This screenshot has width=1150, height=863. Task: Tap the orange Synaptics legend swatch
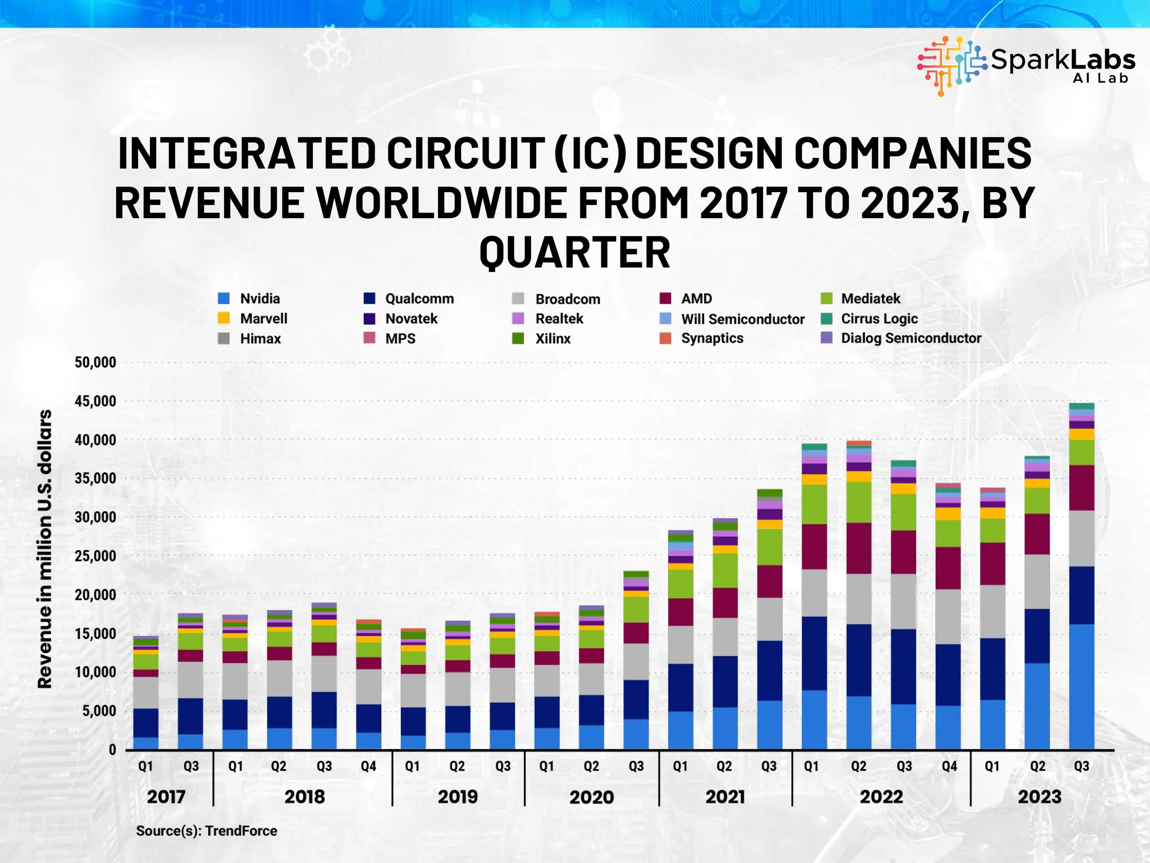pos(665,338)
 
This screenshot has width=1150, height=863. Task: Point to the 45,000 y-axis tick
pos(95,401)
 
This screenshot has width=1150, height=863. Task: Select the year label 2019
pos(458,797)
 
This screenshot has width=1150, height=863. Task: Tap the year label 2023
pos(1039,797)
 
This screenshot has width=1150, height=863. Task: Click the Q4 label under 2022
pos(949,766)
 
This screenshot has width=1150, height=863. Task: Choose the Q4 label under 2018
pos(368,766)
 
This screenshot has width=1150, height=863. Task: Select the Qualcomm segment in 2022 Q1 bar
pos(814,653)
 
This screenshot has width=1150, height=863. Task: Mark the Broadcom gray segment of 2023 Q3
pos(1081,538)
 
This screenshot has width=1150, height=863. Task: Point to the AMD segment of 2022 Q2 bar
pos(859,548)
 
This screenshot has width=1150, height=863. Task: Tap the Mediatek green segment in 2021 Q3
pos(770,547)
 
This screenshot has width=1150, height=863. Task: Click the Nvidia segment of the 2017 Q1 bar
pos(145,743)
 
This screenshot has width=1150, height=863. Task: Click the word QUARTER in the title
pos(574,252)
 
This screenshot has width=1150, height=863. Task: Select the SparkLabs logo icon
pos(951,65)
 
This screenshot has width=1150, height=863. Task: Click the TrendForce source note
pos(207,831)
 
